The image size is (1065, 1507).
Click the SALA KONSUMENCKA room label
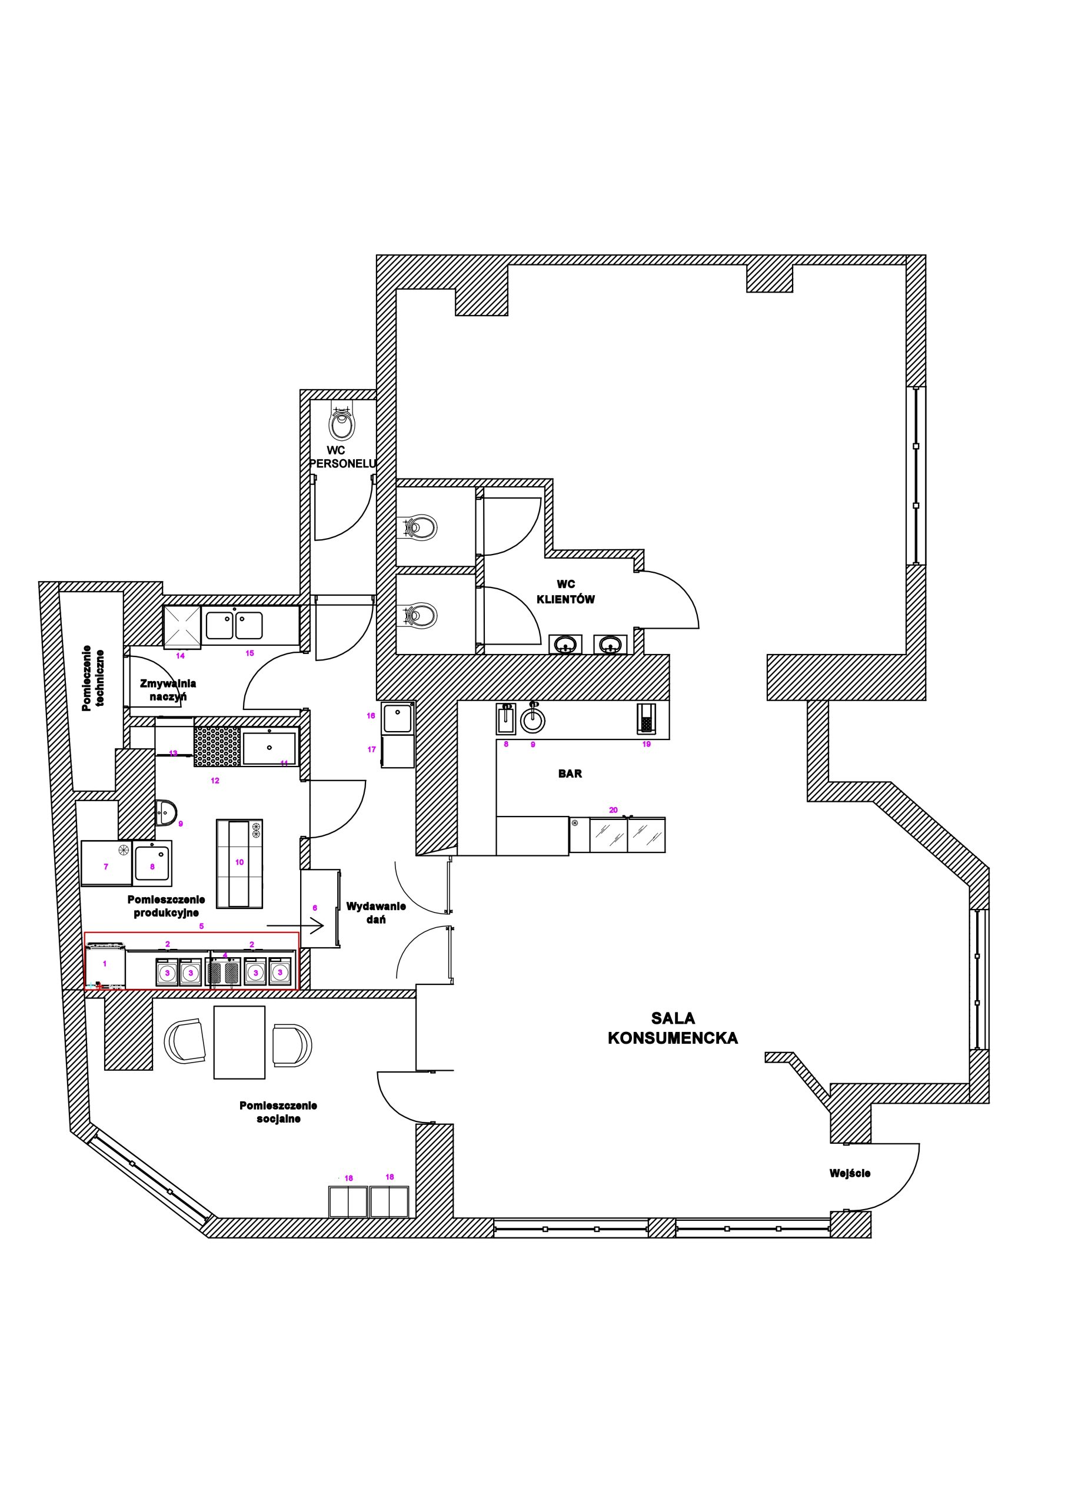click(673, 1028)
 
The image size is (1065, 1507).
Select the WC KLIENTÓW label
click(565, 592)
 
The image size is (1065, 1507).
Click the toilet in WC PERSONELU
click(342, 422)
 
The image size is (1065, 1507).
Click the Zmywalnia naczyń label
click(168, 690)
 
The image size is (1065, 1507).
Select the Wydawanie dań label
click(376, 913)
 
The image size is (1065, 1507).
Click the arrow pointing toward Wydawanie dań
click(295, 926)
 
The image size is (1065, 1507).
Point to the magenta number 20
click(614, 810)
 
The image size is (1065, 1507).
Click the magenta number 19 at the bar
click(646, 744)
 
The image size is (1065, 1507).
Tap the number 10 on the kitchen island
click(239, 862)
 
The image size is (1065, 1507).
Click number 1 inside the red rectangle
click(105, 964)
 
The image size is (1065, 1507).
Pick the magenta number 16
click(371, 715)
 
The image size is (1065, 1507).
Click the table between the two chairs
click(239, 1043)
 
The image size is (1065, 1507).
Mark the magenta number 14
click(181, 656)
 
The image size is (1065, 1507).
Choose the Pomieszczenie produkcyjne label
click(166, 907)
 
